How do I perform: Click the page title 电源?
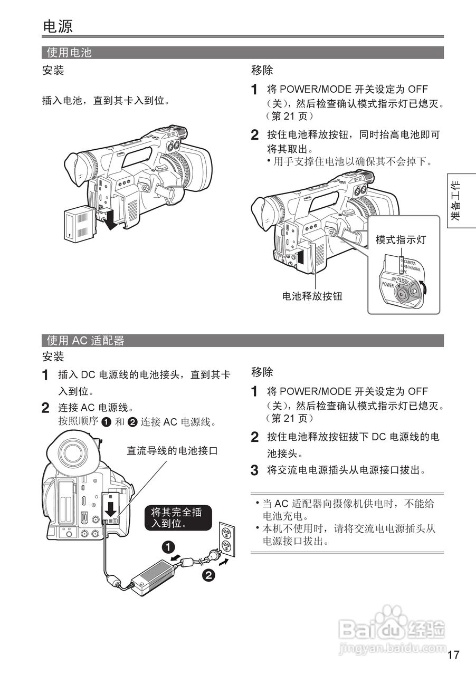pos(58,26)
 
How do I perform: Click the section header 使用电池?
pos(69,53)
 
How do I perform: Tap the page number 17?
pos(453,655)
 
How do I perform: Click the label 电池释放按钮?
pos(312,296)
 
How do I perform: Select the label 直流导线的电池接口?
pos(172,451)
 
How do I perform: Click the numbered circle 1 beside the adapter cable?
pos(168,547)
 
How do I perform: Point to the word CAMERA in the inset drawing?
pos(410,262)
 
